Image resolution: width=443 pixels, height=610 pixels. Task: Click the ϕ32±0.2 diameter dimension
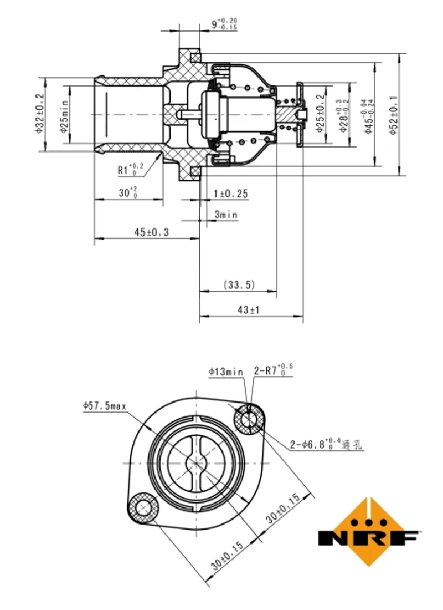[x=39, y=114]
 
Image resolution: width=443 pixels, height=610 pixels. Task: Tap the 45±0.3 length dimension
[x=150, y=233]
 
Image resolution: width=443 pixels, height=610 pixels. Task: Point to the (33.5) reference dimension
[x=239, y=285]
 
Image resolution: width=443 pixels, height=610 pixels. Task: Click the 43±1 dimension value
[x=249, y=311]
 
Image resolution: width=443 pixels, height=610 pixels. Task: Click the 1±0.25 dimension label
[x=231, y=194]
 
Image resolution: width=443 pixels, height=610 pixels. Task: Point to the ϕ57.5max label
[x=105, y=406]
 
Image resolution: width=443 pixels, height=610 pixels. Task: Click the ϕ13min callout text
[x=226, y=372]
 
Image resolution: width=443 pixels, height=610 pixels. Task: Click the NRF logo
[x=369, y=532]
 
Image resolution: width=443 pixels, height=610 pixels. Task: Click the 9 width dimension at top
[x=224, y=24]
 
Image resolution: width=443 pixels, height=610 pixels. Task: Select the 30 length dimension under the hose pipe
[x=129, y=194]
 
